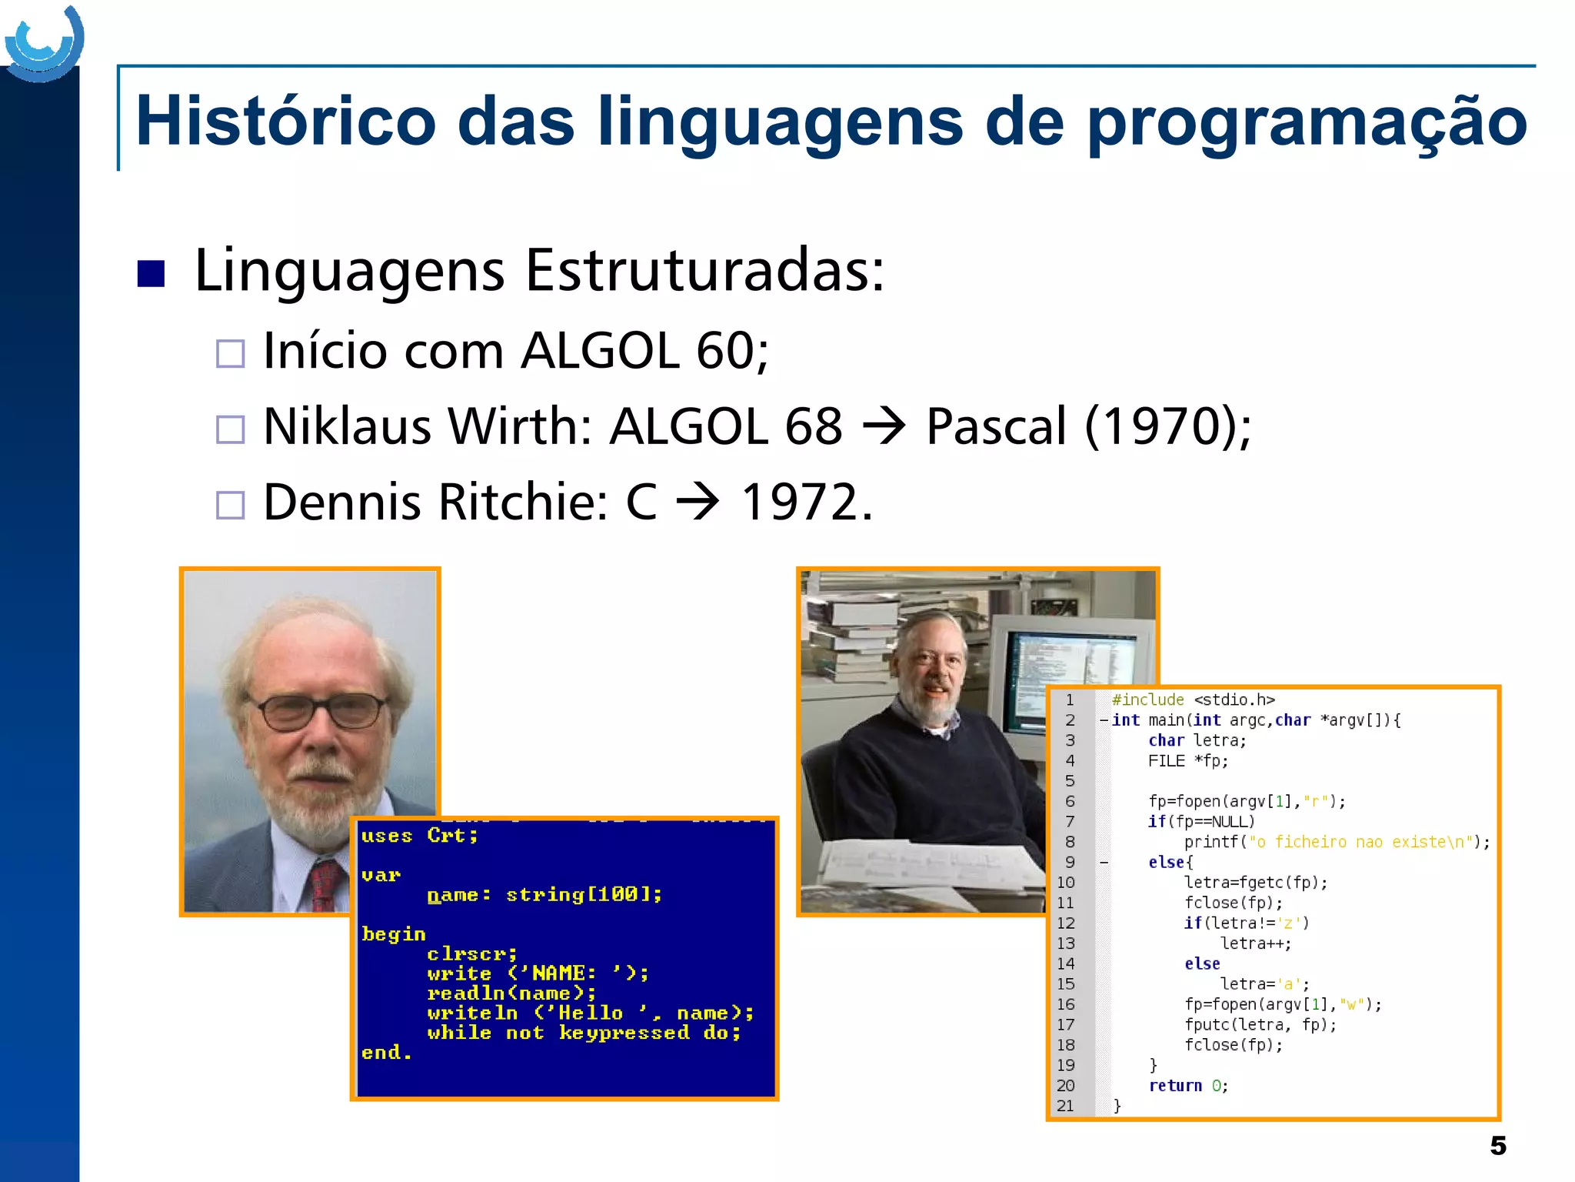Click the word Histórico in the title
[x=285, y=121]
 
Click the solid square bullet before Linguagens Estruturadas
[x=151, y=273]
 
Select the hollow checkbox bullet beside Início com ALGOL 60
[x=230, y=353]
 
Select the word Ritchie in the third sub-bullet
[x=524, y=502]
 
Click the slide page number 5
[x=1497, y=1146]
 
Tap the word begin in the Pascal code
[x=393, y=934]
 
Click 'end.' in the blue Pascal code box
[x=386, y=1052]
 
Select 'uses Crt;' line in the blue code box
[x=419, y=836]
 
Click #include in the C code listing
[x=1147, y=700]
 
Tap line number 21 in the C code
[x=1065, y=1106]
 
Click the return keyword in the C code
[x=1174, y=1086]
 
